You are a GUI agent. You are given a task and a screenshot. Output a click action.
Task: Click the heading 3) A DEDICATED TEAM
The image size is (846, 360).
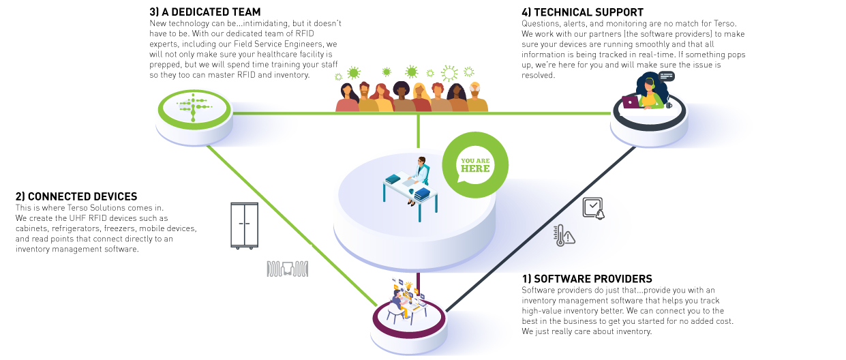205,12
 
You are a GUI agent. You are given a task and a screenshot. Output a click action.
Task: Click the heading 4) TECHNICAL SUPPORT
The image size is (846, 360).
582,12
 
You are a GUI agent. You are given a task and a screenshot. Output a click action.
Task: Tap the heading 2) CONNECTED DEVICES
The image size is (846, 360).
76,196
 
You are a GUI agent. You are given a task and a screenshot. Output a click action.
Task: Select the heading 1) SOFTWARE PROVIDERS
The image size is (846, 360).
587,279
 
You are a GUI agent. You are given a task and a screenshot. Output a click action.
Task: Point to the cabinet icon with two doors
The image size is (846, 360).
245,225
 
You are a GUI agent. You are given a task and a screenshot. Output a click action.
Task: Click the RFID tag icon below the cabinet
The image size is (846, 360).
288,269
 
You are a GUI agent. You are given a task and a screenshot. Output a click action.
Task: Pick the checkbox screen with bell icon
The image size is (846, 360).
593,208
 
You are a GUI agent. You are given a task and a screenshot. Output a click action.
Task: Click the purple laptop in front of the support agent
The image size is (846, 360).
631,102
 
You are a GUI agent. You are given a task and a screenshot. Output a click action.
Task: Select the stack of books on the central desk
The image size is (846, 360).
423,194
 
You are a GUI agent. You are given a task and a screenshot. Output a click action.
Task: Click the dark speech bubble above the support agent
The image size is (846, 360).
666,76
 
